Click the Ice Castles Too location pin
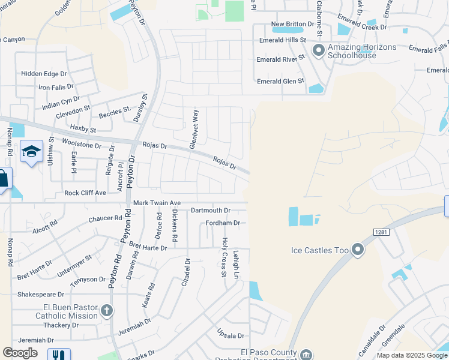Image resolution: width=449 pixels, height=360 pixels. [358, 248]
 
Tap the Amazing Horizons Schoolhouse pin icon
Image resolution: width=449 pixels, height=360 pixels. [319, 50]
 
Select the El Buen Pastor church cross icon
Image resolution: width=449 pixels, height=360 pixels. [106, 310]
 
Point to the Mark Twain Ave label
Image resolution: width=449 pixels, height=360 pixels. [157, 203]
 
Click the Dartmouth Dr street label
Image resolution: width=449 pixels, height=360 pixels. [210, 211]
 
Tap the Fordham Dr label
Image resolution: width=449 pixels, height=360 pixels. [223, 223]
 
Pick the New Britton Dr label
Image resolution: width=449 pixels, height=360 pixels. [292, 24]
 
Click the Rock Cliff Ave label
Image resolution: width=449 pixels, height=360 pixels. [85, 193]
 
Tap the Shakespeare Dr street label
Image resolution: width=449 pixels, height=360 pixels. [41, 295]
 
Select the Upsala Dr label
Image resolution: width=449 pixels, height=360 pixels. [232, 336]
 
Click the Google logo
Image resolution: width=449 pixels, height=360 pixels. [20, 353]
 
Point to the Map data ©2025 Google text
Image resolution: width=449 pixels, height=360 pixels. [412, 355]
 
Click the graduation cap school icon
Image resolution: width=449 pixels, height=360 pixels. [31, 151]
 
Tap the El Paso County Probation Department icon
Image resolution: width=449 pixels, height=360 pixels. [306, 355]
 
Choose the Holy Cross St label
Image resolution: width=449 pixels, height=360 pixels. [224, 248]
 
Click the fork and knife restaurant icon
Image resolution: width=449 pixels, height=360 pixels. [59, 355]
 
